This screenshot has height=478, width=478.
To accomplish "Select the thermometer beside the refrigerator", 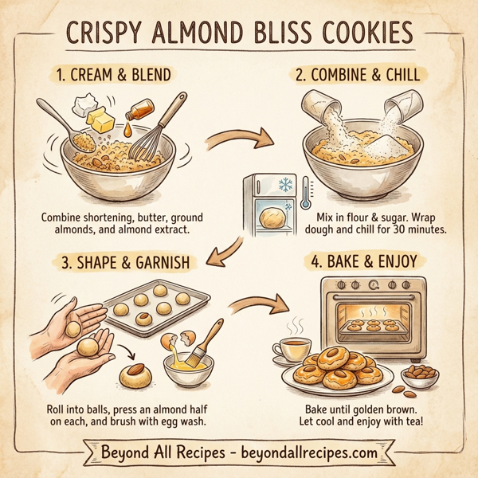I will point(304,190).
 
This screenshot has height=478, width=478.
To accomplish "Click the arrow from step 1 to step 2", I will point(233,143).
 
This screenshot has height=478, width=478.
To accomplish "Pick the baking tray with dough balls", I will point(155,311).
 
